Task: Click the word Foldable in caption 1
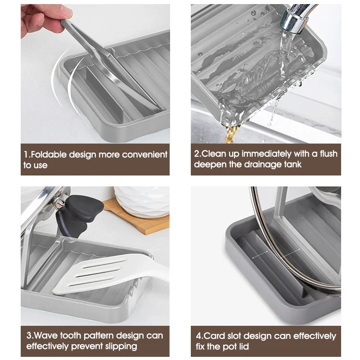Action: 49,154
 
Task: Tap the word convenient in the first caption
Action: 144,154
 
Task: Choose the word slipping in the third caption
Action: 121,346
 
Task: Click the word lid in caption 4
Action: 244,346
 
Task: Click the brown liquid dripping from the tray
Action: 231,134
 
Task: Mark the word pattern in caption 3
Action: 99,336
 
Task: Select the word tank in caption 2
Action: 292,164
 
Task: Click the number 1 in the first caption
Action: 26,154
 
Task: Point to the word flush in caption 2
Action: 328,153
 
